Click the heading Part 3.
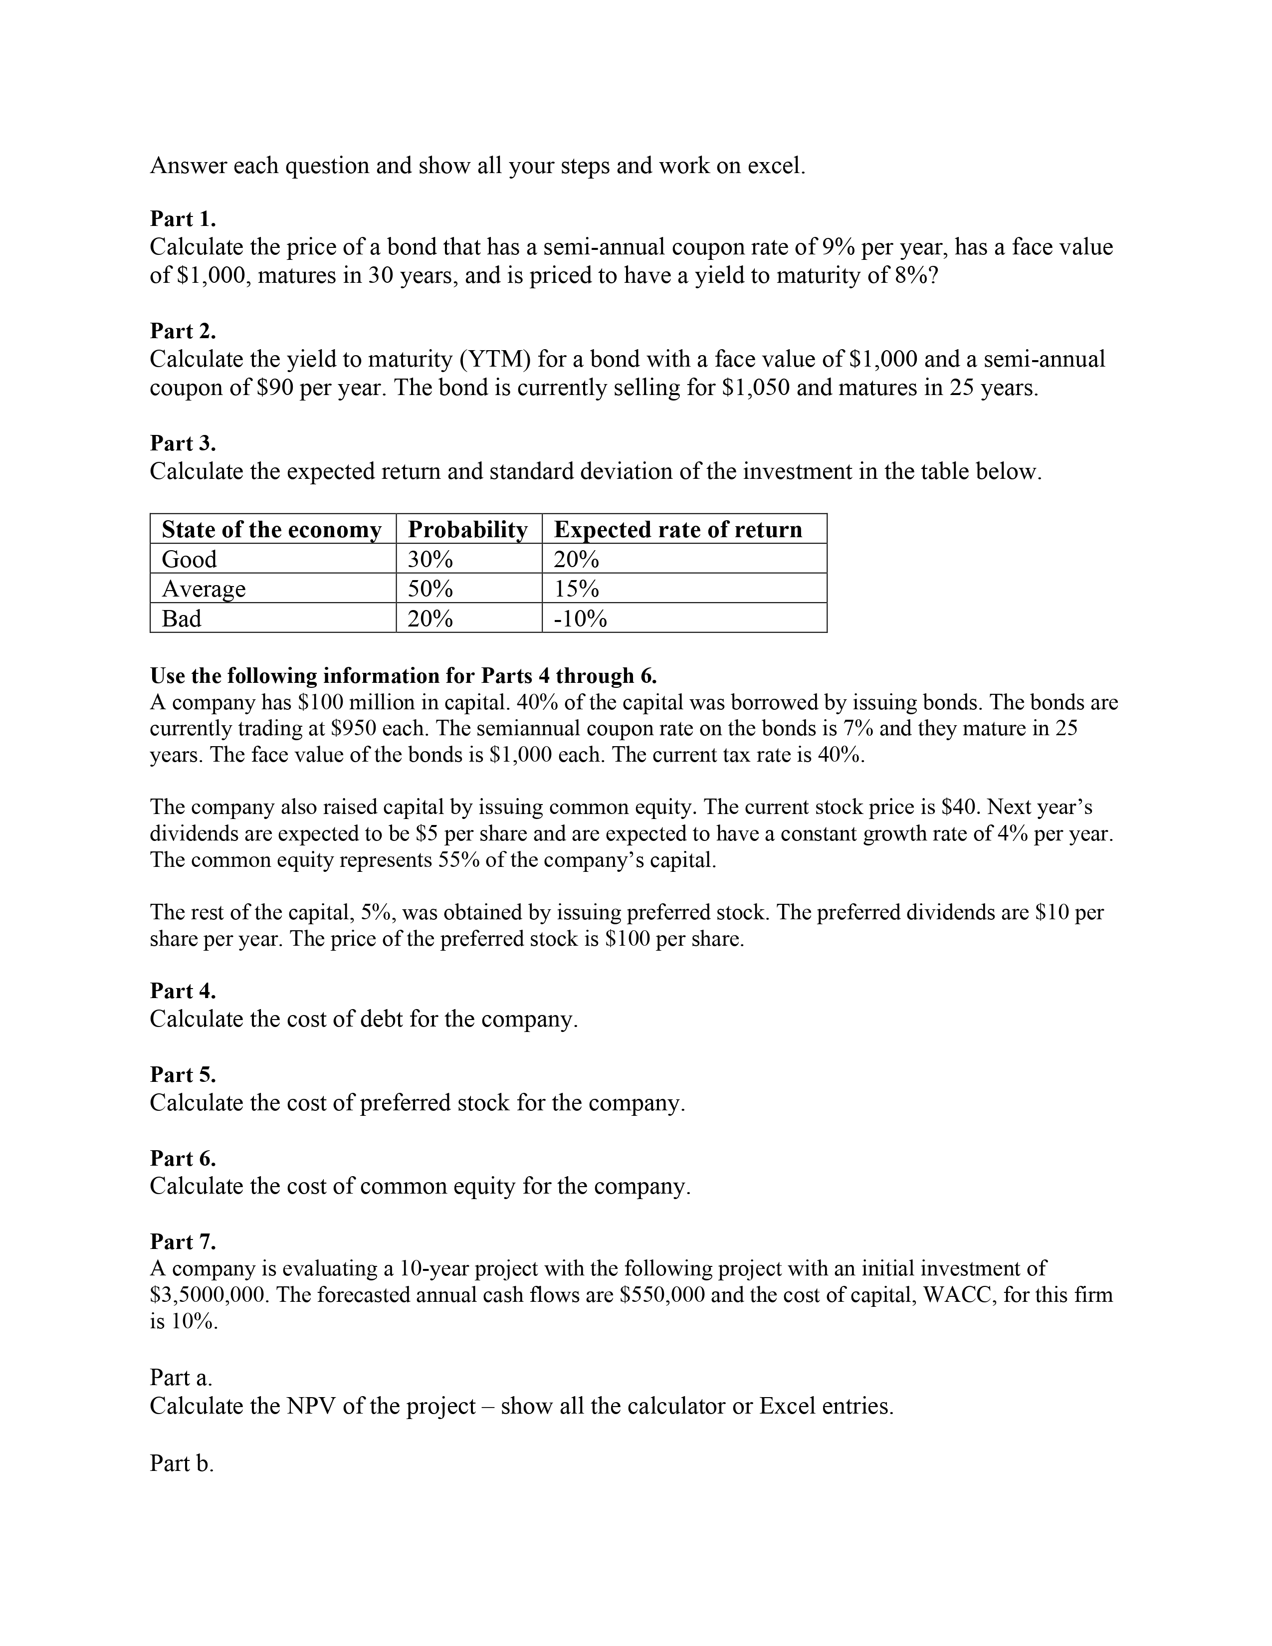[183, 442]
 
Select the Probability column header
[467, 530]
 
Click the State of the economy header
[271, 530]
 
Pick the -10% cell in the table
[580, 619]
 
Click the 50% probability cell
[430, 589]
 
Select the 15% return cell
[577, 589]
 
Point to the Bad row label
[182, 619]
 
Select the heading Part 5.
[183, 1074]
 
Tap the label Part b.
[182, 1463]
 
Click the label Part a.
[181, 1378]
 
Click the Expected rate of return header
[678, 530]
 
